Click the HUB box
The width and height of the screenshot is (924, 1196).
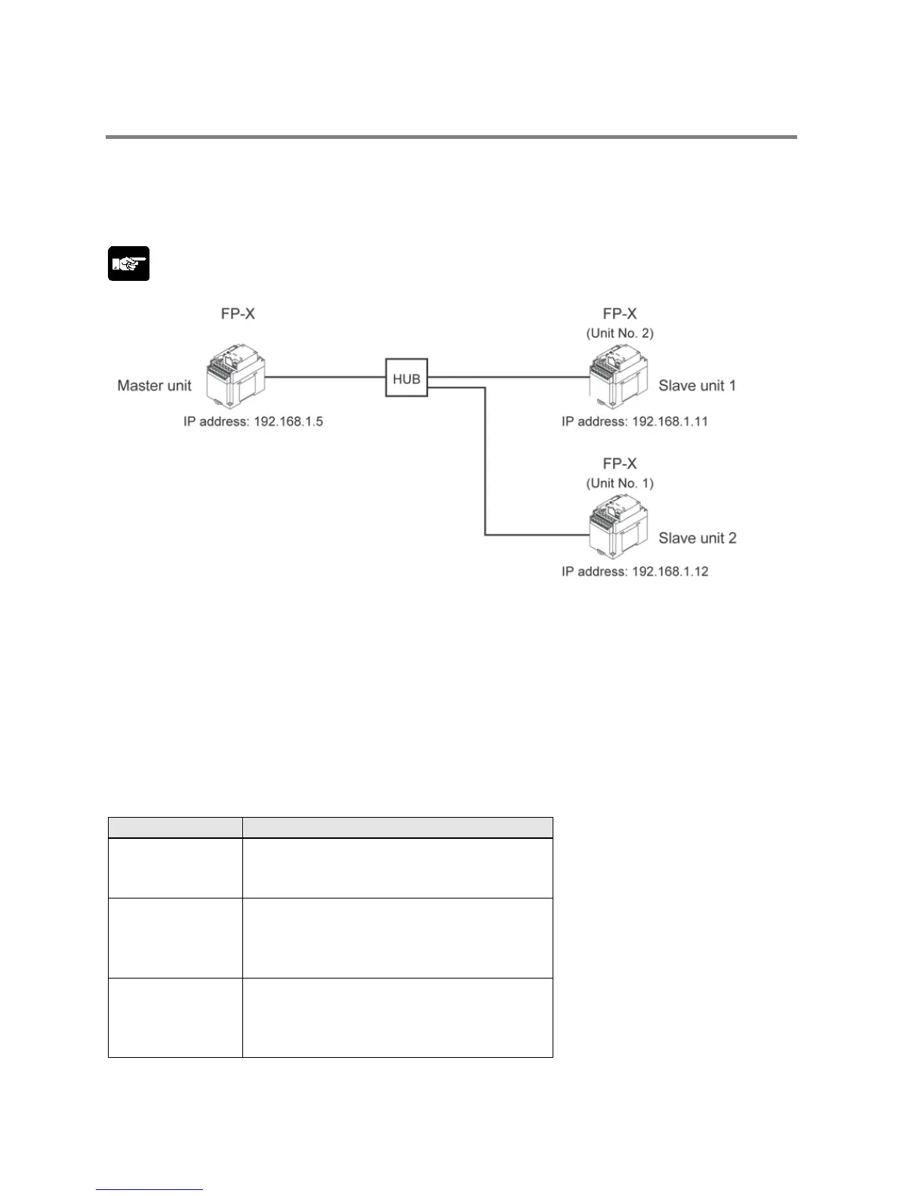406,378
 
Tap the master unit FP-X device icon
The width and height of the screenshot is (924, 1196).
234,375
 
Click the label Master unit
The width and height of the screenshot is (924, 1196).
154,386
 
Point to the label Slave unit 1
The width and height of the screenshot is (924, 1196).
697,386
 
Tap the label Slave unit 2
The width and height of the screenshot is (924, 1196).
697,538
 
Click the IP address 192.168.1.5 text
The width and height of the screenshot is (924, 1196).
253,421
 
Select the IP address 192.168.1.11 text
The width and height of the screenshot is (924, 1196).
634,421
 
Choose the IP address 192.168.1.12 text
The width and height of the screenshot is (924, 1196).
634,572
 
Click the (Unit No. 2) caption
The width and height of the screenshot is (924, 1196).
620,333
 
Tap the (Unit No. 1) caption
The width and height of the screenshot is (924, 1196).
620,483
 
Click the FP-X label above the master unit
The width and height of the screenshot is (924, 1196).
238,313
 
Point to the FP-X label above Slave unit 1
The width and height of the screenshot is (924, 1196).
620,313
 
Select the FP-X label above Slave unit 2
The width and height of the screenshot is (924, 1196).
620,464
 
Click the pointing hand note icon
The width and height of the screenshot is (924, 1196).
128,264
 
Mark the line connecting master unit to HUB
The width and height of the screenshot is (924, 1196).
325,377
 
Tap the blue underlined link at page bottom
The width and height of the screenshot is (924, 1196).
149,1190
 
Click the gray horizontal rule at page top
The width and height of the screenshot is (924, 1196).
451,137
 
